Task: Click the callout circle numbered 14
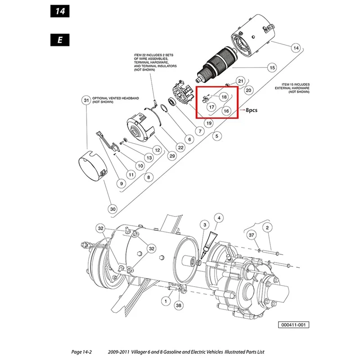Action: click(x=295, y=47)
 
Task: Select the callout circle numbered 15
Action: click(x=271, y=68)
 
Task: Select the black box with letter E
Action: click(x=59, y=39)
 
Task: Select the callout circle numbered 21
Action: click(x=240, y=81)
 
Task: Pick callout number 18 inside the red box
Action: click(x=224, y=97)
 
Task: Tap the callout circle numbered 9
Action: click(x=121, y=183)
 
